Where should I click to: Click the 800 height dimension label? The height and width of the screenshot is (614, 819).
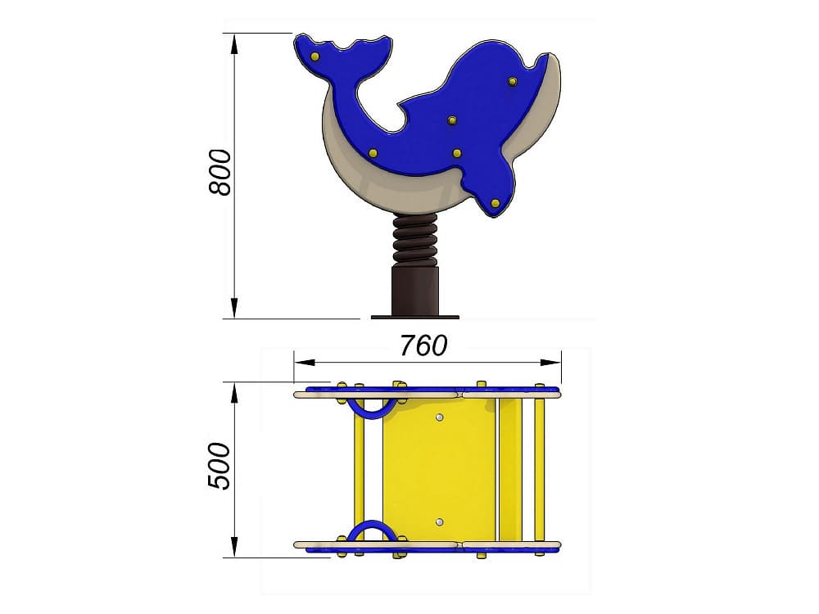(219, 173)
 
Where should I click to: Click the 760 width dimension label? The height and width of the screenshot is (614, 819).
(423, 345)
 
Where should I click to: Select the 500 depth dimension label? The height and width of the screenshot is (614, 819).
(219, 467)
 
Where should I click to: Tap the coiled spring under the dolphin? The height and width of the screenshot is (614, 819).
(415, 239)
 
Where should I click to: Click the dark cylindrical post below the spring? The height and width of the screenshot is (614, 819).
(415, 291)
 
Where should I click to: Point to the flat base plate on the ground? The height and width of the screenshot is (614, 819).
(415, 317)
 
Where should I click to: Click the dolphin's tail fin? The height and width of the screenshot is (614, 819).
(344, 57)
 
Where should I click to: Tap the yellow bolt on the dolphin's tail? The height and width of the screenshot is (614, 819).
(314, 56)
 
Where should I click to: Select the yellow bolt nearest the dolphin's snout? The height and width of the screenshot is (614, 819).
(512, 81)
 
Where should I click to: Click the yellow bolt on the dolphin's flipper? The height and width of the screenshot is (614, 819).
(495, 202)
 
